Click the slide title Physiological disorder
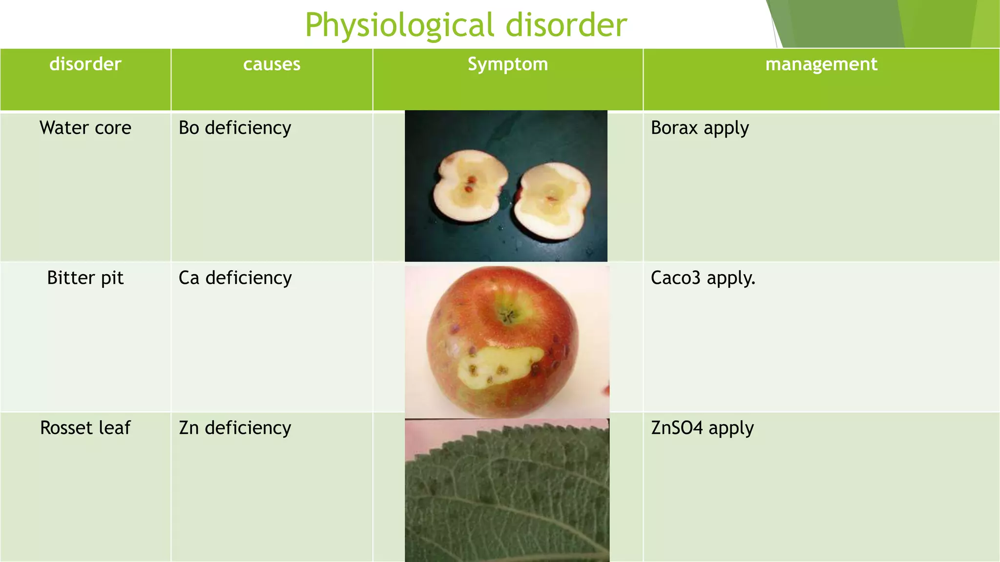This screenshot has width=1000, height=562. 466,25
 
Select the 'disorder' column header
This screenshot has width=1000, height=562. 85,64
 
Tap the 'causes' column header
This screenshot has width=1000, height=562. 272,64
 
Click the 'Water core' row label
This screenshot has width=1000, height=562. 85,128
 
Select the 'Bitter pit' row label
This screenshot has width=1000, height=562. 85,278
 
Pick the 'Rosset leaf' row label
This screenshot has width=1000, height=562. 85,428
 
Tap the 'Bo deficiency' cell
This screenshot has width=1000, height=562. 235,128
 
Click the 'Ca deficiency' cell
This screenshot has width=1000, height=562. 235,278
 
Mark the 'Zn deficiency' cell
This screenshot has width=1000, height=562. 235,428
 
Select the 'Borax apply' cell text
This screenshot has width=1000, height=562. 700,128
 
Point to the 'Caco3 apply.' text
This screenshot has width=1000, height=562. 703,278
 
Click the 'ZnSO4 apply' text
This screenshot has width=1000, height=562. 702,428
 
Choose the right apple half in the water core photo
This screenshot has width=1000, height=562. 552,201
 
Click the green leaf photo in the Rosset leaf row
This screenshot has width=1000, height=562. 507,490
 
